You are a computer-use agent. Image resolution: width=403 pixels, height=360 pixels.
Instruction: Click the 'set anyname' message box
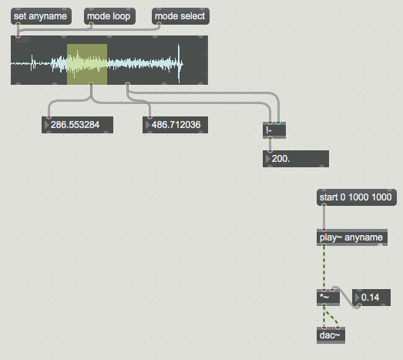(41, 16)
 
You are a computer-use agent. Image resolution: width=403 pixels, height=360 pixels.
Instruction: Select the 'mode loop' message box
(109, 16)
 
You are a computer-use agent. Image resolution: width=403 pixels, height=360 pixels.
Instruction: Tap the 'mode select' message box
(180, 16)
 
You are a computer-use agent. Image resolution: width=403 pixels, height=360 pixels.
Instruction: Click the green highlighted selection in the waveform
(87, 64)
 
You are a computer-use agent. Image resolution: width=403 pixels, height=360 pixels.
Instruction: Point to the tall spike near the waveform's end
(179, 63)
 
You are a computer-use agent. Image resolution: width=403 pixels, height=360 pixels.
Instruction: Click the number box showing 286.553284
(77, 125)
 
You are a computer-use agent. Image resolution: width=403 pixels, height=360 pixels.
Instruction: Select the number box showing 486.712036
(175, 125)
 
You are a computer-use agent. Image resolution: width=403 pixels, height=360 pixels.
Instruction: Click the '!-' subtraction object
(274, 130)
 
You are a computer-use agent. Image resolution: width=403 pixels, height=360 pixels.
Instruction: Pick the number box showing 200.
(296, 159)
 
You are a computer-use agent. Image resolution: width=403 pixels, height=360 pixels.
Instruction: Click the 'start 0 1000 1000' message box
(357, 197)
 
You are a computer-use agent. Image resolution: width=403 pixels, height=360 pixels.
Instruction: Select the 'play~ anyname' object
(352, 237)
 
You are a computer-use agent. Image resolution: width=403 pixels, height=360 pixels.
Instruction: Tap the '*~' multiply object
(328, 298)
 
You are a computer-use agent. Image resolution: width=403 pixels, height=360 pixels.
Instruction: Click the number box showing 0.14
(371, 298)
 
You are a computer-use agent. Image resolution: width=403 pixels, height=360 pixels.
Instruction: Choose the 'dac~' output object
(331, 335)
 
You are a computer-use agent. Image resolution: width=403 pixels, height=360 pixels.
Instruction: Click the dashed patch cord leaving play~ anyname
(324, 267)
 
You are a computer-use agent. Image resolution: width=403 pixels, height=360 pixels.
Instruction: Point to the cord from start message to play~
(324, 217)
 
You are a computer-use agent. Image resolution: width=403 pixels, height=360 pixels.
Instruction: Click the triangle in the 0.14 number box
(357, 298)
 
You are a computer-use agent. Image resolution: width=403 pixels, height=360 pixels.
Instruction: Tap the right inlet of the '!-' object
(278, 123)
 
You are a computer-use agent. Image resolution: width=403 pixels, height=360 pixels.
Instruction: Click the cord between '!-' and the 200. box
(270, 144)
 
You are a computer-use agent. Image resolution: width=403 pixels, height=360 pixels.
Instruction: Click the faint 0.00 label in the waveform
(22, 40)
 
